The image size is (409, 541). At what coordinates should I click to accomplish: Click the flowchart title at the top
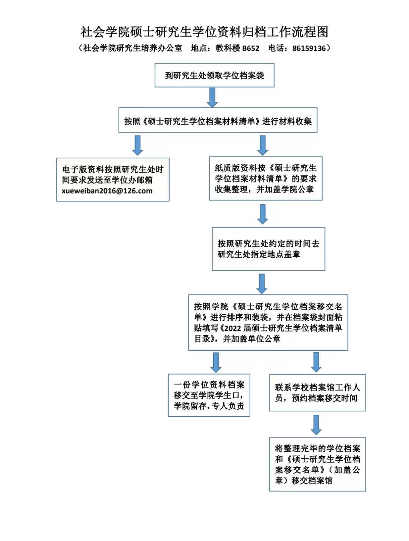(204, 32)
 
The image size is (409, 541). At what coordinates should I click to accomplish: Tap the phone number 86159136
(309, 48)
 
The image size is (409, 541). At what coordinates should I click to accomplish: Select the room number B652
(251, 48)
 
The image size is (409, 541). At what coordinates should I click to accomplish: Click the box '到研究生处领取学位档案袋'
(214, 75)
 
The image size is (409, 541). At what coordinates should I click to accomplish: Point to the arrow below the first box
(212, 98)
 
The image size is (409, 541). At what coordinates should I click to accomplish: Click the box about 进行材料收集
(218, 120)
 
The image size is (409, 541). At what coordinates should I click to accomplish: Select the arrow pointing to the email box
(137, 145)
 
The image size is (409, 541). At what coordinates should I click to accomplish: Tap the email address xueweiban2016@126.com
(107, 191)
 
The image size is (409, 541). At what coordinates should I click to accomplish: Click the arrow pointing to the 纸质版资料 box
(263, 145)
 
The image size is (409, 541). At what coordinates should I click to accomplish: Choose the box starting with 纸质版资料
(265, 178)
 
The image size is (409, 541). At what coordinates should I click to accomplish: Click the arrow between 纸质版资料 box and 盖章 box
(263, 214)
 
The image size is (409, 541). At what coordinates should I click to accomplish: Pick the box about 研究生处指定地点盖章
(269, 249)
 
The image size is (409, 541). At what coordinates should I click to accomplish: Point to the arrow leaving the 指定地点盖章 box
(262, 284)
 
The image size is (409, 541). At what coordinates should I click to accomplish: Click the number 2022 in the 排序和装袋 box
(233, 328)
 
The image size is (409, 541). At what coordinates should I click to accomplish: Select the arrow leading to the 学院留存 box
(216, 363)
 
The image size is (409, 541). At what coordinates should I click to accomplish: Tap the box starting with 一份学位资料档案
(209, 396)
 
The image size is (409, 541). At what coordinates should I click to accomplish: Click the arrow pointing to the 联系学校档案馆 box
(316, 362)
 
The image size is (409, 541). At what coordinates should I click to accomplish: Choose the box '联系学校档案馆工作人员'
(317, 393)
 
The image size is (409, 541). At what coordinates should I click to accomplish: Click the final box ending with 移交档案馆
(317, 464)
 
